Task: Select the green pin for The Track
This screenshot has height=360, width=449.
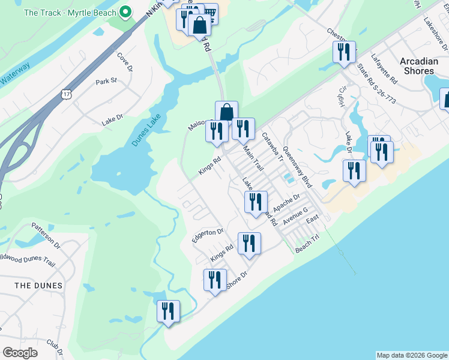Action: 125,11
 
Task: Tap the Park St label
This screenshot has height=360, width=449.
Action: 106,80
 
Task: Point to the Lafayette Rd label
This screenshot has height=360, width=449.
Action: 384,68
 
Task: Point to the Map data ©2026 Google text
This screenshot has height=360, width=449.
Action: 411,355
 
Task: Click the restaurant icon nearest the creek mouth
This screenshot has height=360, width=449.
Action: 169,311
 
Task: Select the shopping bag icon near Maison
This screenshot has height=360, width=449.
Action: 226,112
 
